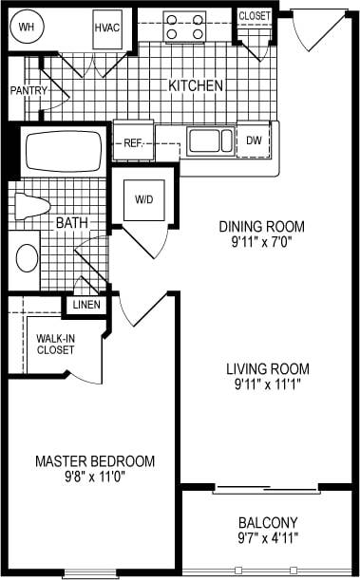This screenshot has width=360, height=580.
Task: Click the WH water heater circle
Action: (x=28, y=28)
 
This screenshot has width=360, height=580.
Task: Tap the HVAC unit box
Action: (x=106, y=28)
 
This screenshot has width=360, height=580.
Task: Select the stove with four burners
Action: (x=185, y=26)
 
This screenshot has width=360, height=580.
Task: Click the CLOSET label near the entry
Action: (x=254, y=16)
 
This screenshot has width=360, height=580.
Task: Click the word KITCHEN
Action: (x=196, y=85)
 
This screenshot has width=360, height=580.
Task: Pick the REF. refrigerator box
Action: (x=133, y=143)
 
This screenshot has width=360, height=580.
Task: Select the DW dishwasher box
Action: (x=253, y=140)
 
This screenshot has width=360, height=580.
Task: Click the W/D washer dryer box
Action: (x=143, y=199)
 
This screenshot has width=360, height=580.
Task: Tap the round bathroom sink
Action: (x=28, y=256)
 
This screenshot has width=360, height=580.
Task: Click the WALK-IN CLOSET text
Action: (x=55, y=344)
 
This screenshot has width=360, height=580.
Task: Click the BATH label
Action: (x=71, y=222)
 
